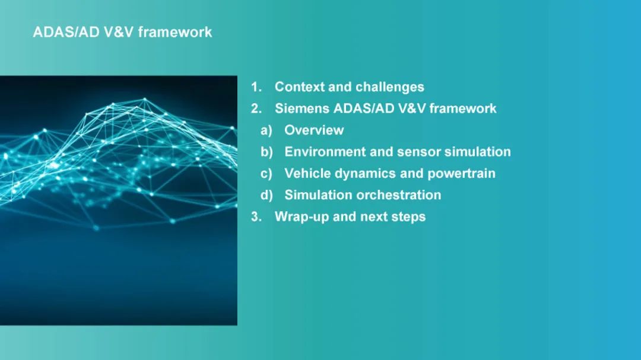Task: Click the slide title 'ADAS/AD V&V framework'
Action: (122, 32)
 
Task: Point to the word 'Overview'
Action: (314, 130)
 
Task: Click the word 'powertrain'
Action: (461, 174)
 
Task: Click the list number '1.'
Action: (256, 87)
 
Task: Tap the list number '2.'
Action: (256, 109)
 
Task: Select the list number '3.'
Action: (256, 216)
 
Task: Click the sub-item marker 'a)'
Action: (266, 130)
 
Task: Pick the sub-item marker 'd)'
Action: (266, 195)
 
